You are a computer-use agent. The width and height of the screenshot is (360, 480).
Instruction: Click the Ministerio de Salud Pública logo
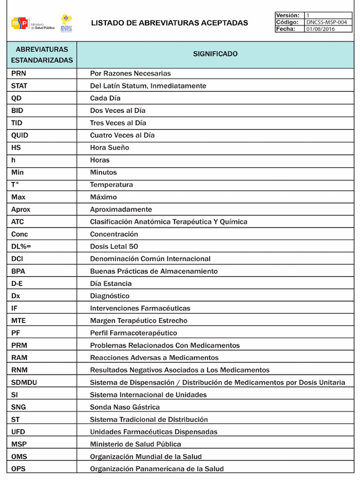click(33, 23)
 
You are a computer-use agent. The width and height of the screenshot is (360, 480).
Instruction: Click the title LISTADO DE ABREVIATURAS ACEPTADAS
click(169, 23)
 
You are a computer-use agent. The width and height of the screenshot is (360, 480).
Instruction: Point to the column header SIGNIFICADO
click(215, 54)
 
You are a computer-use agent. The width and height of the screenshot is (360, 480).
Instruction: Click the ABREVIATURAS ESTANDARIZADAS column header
click(42, 55)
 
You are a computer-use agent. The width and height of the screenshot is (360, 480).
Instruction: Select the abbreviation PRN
click(18, 74)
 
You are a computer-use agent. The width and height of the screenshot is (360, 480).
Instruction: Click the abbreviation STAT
click(19, 86)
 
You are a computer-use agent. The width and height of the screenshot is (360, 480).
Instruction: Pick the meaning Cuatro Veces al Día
click(122, 135)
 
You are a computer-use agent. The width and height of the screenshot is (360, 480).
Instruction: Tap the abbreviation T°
click(15, 185)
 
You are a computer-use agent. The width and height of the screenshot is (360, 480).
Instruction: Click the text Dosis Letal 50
click(114, 247)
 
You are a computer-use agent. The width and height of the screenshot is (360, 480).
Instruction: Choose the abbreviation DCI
click(17, 259)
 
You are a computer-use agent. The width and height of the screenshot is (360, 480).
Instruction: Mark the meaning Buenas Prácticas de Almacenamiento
click(154, 271)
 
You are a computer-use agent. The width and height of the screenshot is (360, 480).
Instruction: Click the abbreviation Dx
click(15, 296)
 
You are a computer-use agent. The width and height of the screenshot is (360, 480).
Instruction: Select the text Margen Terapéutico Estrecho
click(138, 321)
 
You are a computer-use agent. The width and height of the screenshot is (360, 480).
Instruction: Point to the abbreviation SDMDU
click(24, 382)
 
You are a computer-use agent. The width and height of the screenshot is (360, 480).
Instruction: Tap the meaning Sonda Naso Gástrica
click(125, 407)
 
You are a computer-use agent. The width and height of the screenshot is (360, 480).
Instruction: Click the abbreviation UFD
click(18, 432)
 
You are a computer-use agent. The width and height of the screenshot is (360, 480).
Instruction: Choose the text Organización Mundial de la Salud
click(146, 457)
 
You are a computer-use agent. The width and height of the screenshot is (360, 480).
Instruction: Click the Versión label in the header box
click(287, 15)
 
